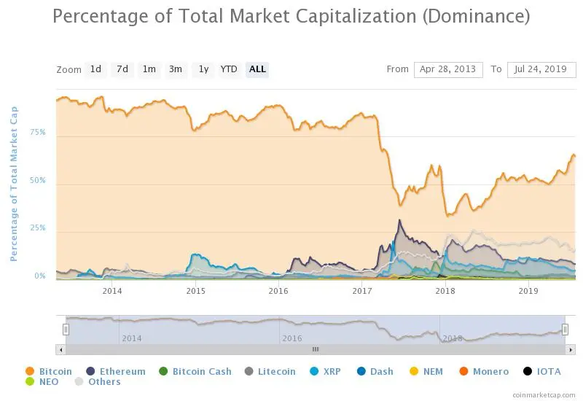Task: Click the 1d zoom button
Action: coord(95,69)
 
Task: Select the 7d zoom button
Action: coord(122,69)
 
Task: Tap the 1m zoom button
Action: coord(149,69)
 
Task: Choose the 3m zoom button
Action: coord(176,69)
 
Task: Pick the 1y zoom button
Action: coord(203,69)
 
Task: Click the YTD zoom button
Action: coord(229,69)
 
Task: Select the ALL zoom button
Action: coord(257,69)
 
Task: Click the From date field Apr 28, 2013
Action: coord(448,69)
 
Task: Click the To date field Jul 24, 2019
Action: coord(541,69)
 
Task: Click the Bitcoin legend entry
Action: coord(55,372)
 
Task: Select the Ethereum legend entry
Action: coord(122,372)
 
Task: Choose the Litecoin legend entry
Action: coord(276,372)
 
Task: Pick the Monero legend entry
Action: coord(490,372)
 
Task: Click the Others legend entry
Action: coord(104,382)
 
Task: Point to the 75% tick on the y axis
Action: coord(37,133)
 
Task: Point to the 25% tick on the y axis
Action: coord(37,228)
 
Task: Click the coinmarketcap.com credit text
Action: coord(543,394)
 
